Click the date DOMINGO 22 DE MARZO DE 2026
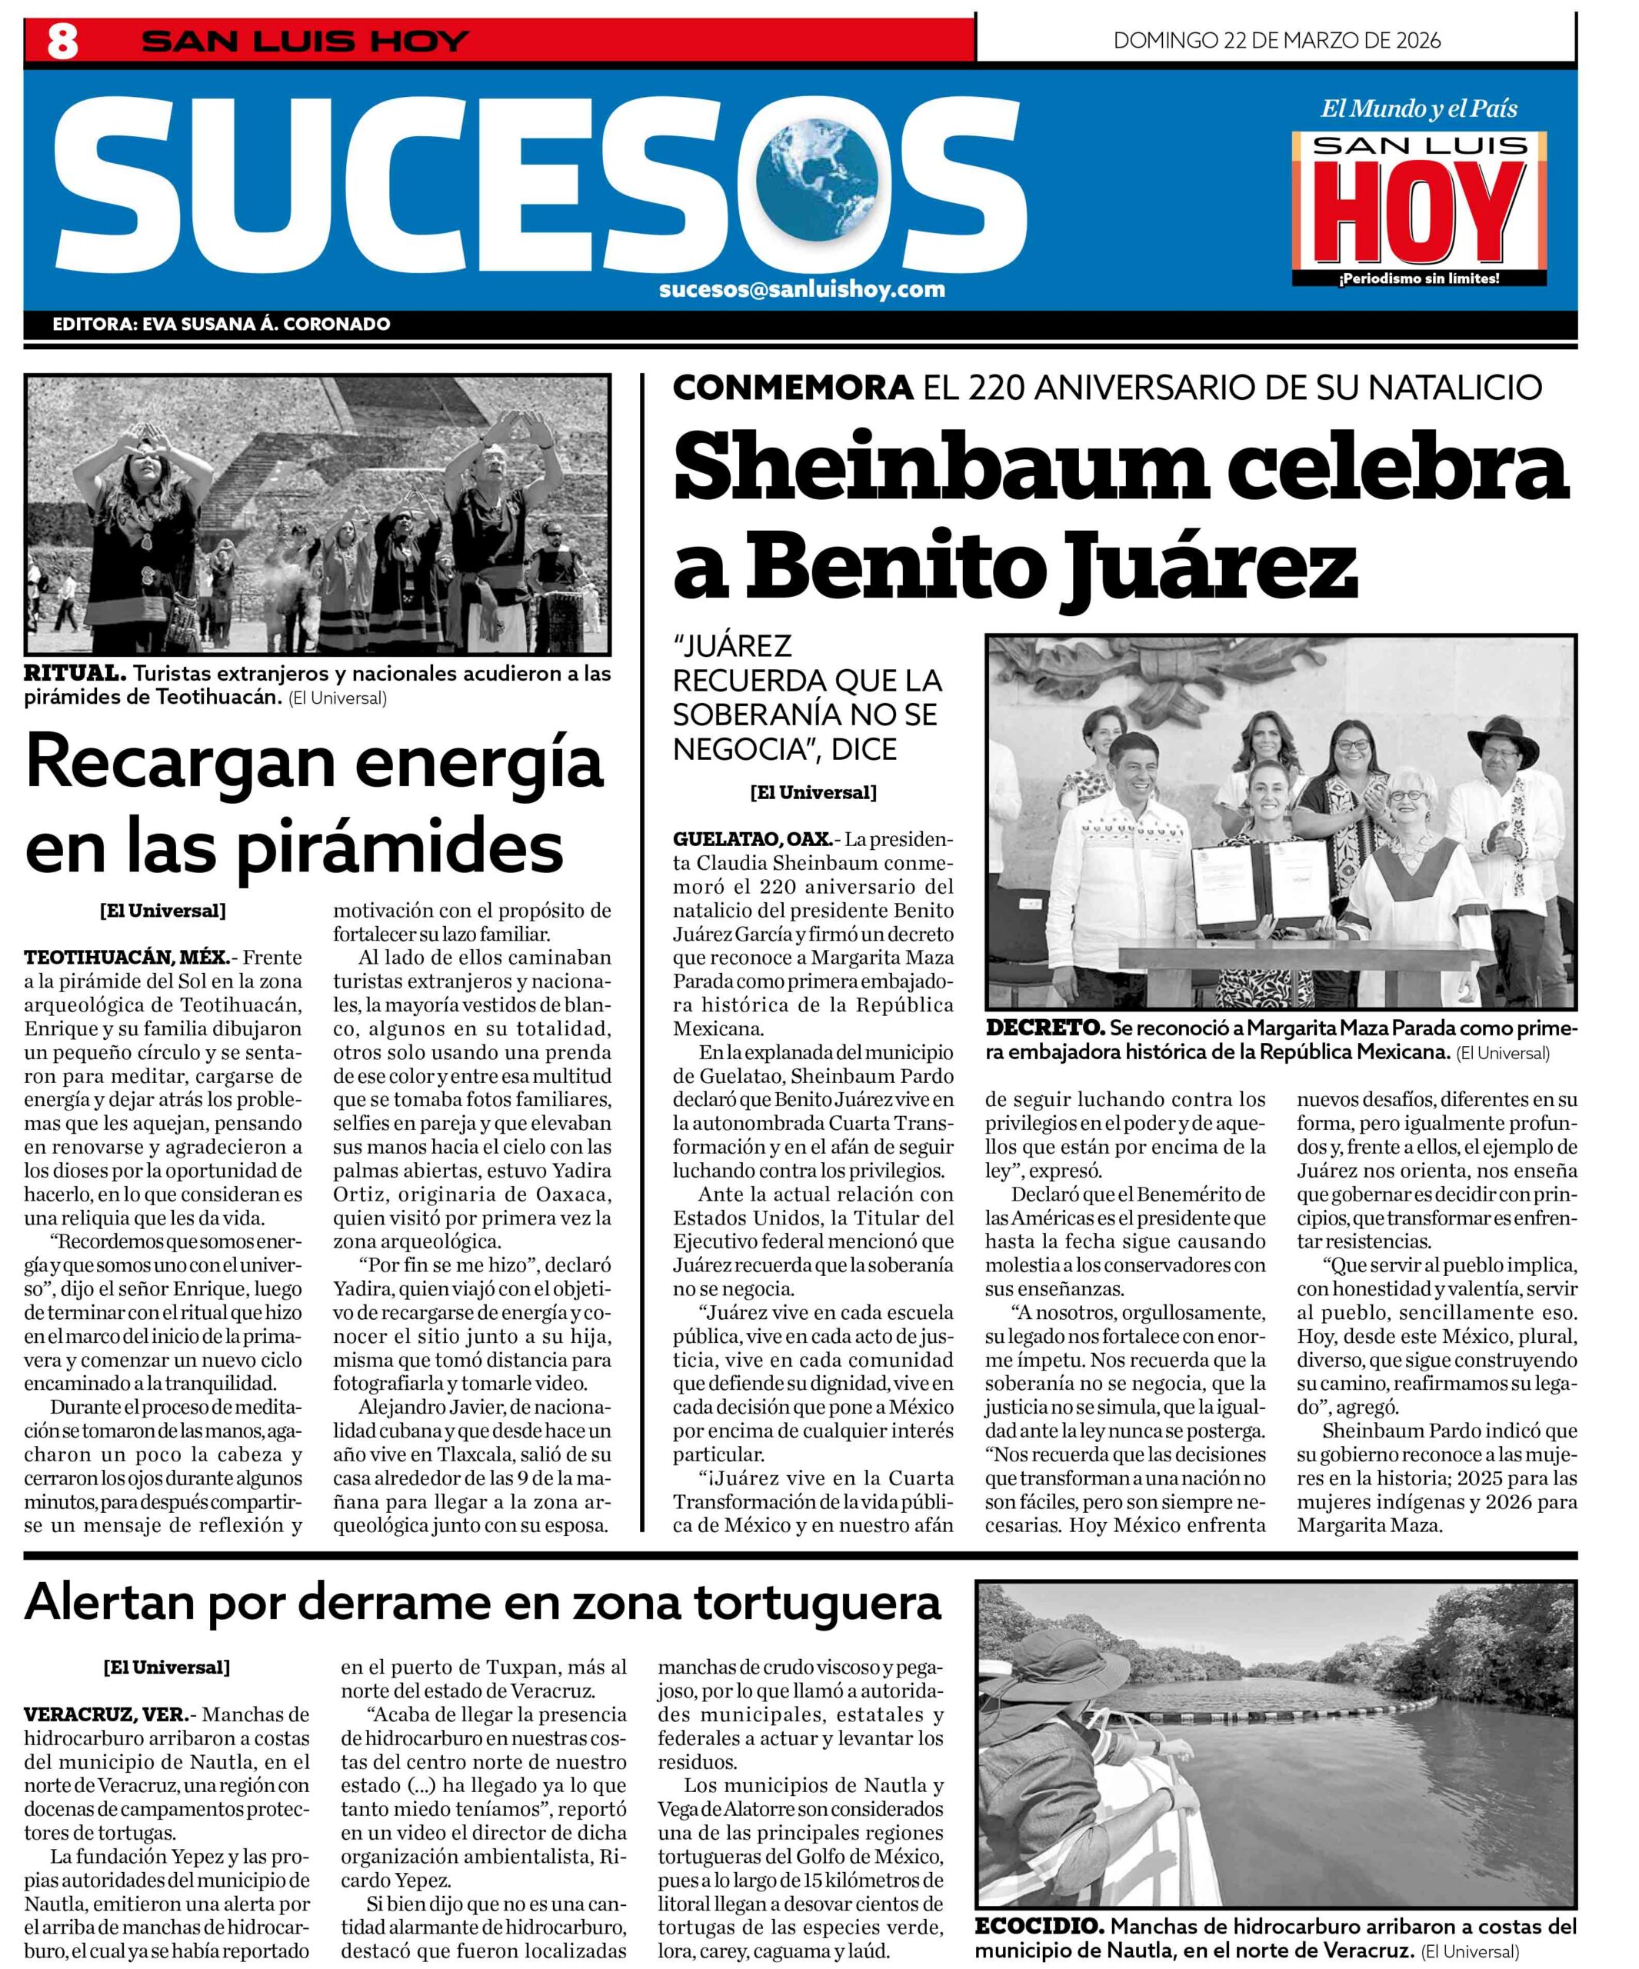[1276, 40]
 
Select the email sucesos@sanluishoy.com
[801, 288]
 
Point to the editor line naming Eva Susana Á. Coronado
[222, 325]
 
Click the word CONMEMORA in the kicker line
[792, 387]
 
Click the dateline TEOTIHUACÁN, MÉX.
[125, 958]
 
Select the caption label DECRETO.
[1045, 1028]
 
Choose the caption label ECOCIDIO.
[1039, 1927]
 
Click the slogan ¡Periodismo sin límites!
[1419, 278]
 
